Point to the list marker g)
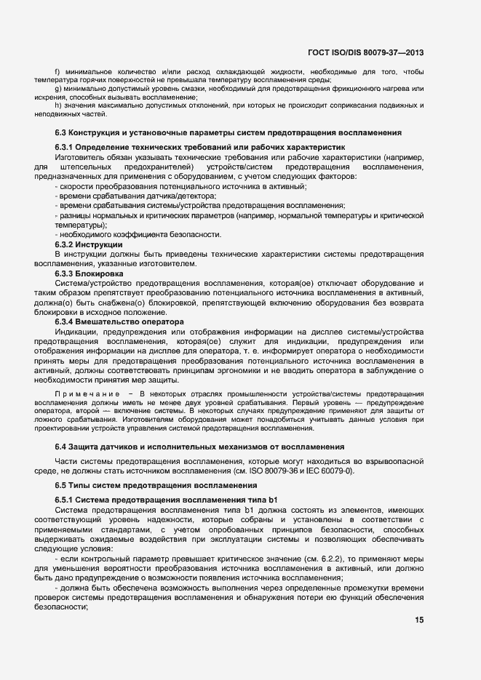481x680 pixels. (x=58, y=88)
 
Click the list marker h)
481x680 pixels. (x=58, y=105)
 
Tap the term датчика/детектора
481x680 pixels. (x=181, y=196)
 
